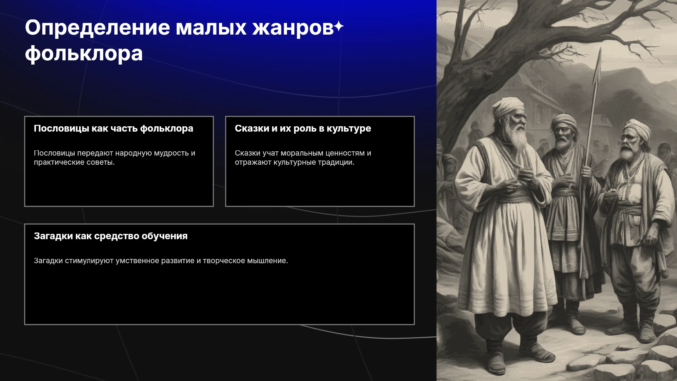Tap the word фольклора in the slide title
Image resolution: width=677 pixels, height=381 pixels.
(x=84, y=54)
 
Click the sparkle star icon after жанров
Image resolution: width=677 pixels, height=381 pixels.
(x=339, y=26)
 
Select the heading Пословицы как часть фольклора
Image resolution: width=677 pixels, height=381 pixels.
(x=114, y=128)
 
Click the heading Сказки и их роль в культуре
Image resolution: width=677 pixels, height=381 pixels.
(x=303, y=128)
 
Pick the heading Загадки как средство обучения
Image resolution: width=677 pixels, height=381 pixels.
(x=111, y=236)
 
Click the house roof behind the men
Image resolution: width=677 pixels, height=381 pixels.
(x=539, y=88)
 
